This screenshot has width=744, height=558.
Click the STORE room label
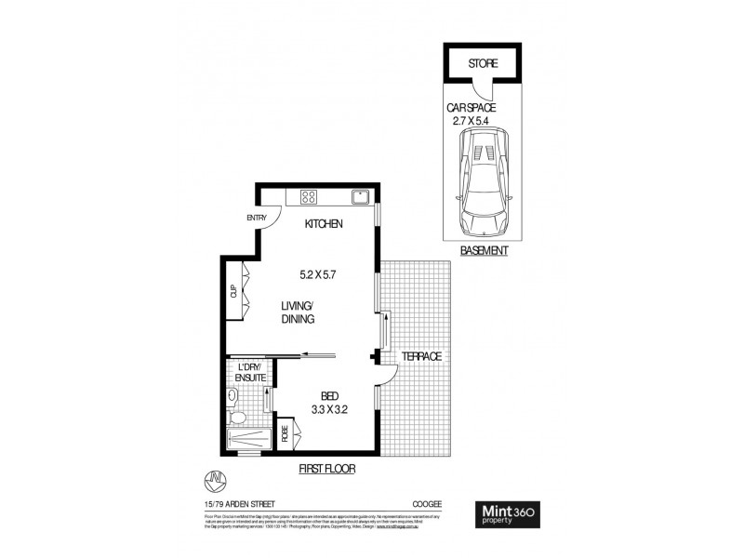click(483, 64)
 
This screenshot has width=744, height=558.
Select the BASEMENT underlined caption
click(484, 251)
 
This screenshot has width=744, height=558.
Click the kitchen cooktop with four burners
click(308, 196)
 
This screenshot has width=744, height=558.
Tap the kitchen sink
click(359, 196)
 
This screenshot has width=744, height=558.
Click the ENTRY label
click(256, 219)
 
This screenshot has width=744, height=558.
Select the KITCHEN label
click(325, 224)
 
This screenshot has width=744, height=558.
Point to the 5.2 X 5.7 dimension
click(317, 274)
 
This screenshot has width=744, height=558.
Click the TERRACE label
click(420, 356)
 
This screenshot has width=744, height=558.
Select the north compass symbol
click(215, 480)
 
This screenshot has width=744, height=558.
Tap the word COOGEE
click(427, 503)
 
